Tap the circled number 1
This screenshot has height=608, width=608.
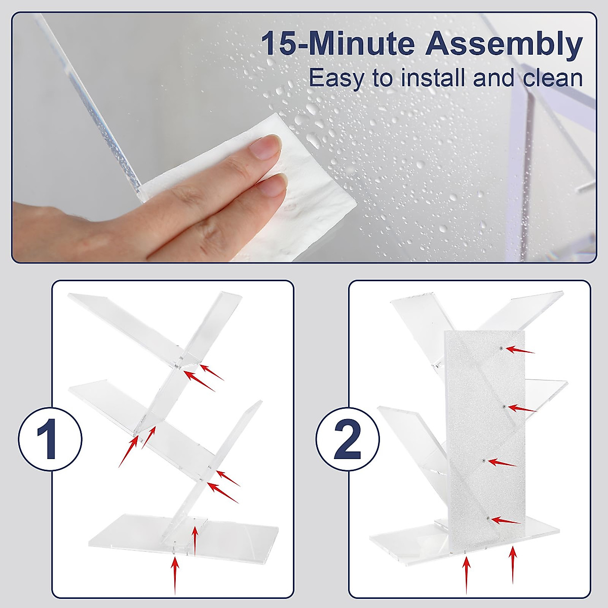[x=50, y=438]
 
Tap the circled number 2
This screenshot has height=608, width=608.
[x=348, y=438]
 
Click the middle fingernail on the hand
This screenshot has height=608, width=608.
[x=272, y=186]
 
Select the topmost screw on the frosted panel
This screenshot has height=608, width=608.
[x=501, y=348]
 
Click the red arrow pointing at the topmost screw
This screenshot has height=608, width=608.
[x=521, y=350]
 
